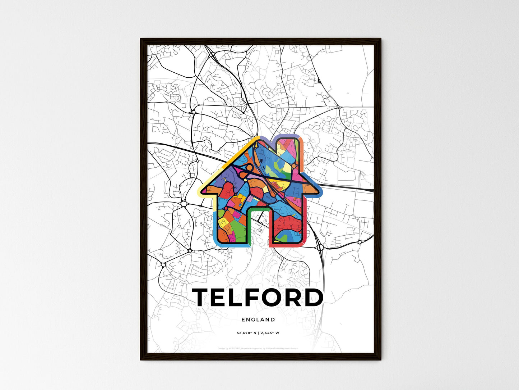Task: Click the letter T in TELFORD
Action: (x=203, y=298)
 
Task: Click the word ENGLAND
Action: (x=258, y=319)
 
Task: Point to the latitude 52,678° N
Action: (x=246, y=333)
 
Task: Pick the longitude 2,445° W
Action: (x=269, y=333)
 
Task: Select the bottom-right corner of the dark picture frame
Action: (x=380, y=359)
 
